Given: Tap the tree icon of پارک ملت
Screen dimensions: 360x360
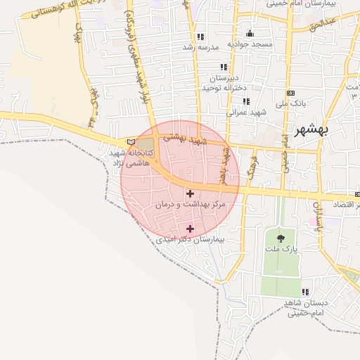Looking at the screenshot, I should tap(281, 239).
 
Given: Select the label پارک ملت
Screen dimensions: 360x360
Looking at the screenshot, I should tap(281, 250).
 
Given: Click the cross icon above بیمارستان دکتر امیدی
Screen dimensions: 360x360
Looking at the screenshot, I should tap(190, 229).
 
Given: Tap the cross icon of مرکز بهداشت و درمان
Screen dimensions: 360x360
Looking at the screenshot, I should tap(190, 193).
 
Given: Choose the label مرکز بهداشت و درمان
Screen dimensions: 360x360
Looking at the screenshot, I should tap(191, 204).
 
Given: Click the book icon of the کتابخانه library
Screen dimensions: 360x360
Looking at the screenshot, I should tap(130, 142).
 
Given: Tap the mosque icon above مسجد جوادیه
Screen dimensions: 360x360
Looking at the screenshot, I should tap(250, 33).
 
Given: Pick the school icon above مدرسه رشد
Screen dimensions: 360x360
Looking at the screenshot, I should tap(201, 37).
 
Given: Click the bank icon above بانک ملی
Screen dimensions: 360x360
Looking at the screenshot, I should tap(290, 93).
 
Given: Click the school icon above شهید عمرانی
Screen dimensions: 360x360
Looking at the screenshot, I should tap(246, 101).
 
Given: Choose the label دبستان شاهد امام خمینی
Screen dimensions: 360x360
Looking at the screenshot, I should tap(303, 307).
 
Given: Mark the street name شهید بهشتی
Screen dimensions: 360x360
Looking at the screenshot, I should tap(186, 140).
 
